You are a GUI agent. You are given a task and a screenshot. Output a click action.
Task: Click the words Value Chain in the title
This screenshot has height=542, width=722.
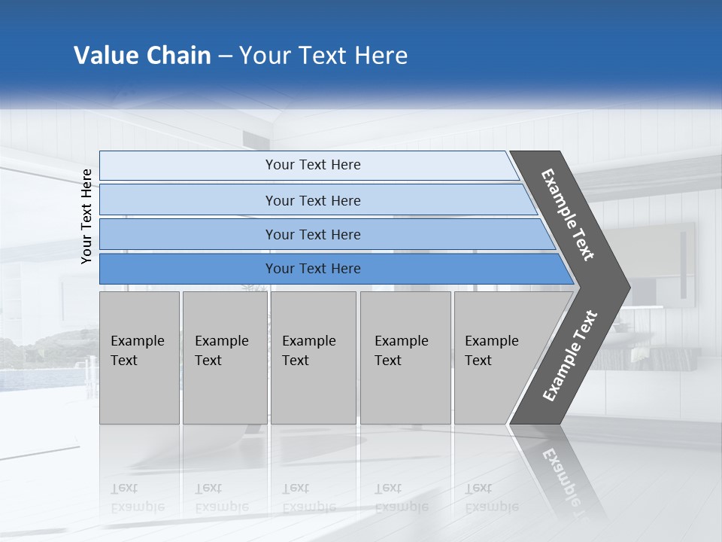click(142, 56)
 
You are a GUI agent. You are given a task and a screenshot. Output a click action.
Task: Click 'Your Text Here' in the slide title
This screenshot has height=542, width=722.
click(323, 56)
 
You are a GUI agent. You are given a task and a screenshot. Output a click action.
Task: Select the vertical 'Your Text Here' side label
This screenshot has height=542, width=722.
click(86, 217)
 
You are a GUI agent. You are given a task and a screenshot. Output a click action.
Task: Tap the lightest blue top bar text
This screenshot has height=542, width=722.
click(313, 165)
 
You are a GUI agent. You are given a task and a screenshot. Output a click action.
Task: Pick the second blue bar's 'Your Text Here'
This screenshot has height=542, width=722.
click(313, 201)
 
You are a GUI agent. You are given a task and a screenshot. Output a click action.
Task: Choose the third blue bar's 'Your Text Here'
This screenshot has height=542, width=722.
click(313, 235)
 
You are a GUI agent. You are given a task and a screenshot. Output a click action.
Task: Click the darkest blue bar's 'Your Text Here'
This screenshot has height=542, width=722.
click(313, 269)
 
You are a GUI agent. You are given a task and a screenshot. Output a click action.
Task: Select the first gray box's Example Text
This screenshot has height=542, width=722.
click(137, 351)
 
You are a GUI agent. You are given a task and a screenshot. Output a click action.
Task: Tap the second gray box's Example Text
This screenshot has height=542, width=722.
click(221, 351)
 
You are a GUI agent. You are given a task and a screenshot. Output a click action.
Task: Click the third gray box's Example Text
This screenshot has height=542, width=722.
click(308, 351)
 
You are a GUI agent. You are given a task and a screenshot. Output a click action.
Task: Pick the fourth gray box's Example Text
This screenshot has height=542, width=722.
click(401, 351)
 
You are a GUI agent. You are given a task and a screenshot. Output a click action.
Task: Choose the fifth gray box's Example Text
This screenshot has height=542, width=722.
click(491, 351)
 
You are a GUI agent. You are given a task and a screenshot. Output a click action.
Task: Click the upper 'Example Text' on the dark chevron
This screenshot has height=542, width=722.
click(568, 215)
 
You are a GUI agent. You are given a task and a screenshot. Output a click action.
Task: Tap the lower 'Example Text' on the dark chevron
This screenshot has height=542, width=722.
click(570, 356)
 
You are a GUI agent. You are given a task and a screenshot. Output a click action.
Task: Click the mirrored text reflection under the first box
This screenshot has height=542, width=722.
click(137, 498)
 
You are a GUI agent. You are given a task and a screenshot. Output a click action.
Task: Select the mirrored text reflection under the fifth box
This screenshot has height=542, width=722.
click(491, 498)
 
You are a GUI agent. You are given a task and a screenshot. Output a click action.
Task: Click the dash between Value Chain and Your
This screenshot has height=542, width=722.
click(225, 56)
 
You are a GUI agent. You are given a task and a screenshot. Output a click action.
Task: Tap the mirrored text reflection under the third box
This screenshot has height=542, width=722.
click(308, 498)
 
